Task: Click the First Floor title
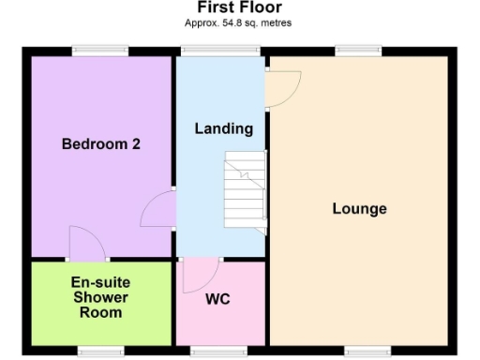(239, 7)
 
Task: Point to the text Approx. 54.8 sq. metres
(239, 22)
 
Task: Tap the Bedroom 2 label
(100, 143)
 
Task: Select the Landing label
(223, 128)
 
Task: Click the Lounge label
(359, 208)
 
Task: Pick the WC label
(217, 300)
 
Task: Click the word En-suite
(100, 282)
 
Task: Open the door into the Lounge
(281, 90)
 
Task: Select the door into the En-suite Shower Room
(87, 244)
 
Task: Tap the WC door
(199, 274)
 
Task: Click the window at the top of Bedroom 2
(100, 51)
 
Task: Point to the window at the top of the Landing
(221, 51)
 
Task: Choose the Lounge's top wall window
(359, 51)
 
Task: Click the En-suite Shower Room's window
(100, 351)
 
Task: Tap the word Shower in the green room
(100, 297)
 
